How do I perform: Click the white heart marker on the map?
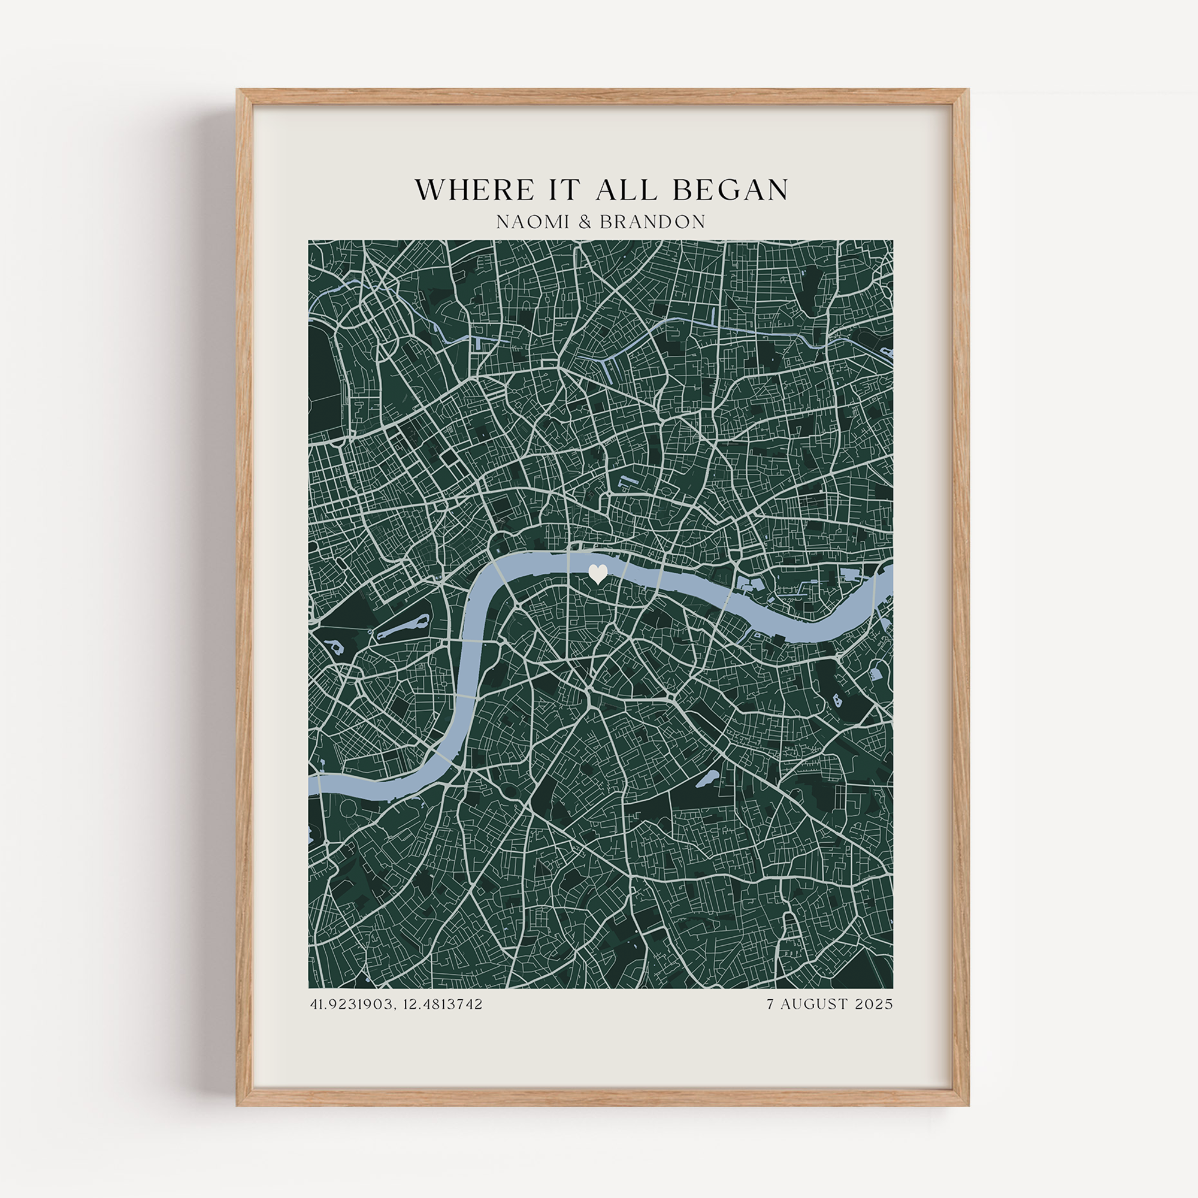click(598, 574)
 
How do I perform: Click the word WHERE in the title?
click(474, 190)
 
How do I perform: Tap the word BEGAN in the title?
click(730, 190)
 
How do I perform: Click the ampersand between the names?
click(585, 222)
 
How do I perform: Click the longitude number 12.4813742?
click(442, 1005)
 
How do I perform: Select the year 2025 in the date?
click(875, 1005)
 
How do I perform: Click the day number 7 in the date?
click(770, 1005)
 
